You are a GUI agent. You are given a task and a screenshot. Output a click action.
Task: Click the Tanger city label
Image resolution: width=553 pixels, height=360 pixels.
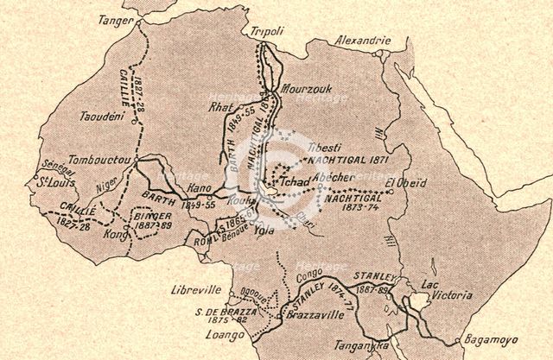pos(115,18)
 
